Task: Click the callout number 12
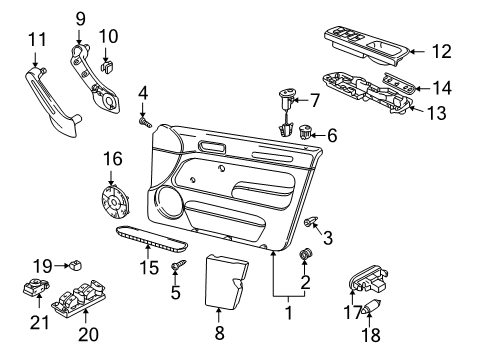coord(442,51)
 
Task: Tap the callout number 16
coord(113,158)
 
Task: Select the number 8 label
coord(219,332)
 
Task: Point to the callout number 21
coord(40,322)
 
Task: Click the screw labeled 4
coord(145,122)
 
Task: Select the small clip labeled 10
coord(107,67)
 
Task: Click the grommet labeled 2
coord(305,254)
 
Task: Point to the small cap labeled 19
coord(76,265)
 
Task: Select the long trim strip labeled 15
coord(152,239)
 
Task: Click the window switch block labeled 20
coord(79,297)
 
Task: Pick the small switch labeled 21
coord(36,287)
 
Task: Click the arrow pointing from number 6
coord(319,135)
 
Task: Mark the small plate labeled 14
coord(399,83)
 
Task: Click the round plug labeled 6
coord(304,131)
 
